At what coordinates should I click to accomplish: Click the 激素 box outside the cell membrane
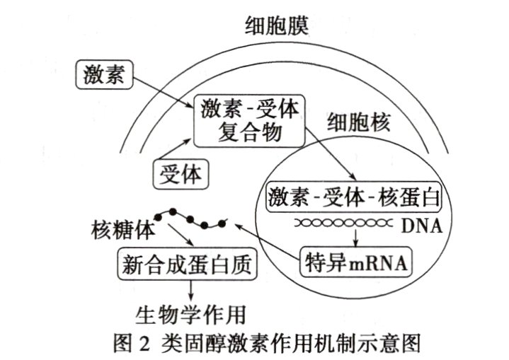coord(103,74)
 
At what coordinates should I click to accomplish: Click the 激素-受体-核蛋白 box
coord(353,197)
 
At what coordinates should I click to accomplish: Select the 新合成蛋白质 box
coord(185,265)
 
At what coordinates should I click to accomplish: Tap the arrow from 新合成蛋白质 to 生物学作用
coord(190,290)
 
